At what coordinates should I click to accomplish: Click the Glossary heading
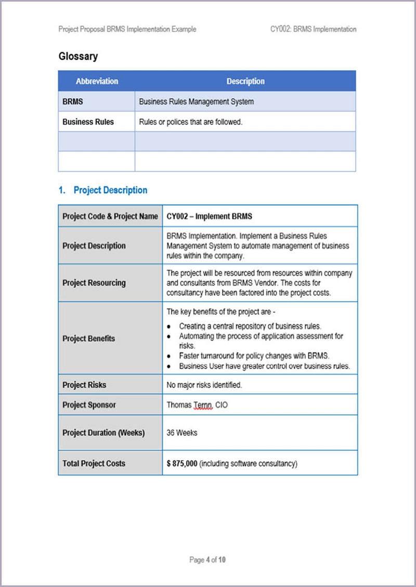[x=78, y=56]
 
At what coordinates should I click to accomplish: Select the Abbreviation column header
[x=97, y=81]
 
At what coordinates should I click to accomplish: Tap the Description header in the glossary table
[x=245, y=81]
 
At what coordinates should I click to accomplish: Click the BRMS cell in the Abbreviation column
[x=73, y=102]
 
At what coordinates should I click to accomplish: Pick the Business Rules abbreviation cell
[x=88, y=122]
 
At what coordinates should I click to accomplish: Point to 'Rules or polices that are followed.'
[x=191, y=122]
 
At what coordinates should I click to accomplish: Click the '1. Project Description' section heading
[x=102, y=190]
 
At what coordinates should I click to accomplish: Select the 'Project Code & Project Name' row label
[x=110, y=216]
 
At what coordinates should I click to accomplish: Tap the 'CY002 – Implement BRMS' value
[x=210, y=216]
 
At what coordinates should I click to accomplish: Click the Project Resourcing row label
[x=94, y=283]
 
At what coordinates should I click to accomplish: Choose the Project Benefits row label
[x=89, y=338]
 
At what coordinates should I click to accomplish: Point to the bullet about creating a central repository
[x=250, y=327]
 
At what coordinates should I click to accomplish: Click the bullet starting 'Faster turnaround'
[x=254, y=356]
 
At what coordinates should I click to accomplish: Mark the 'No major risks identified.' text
[x=204, y=385]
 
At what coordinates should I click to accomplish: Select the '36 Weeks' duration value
[x=182, y=433]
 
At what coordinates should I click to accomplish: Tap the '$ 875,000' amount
[x=182, y=463]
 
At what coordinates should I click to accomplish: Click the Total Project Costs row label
[x=94, y=463]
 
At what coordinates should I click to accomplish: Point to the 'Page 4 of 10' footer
[x=207, y=560]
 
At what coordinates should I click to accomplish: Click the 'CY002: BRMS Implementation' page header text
[x=313, y=29]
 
